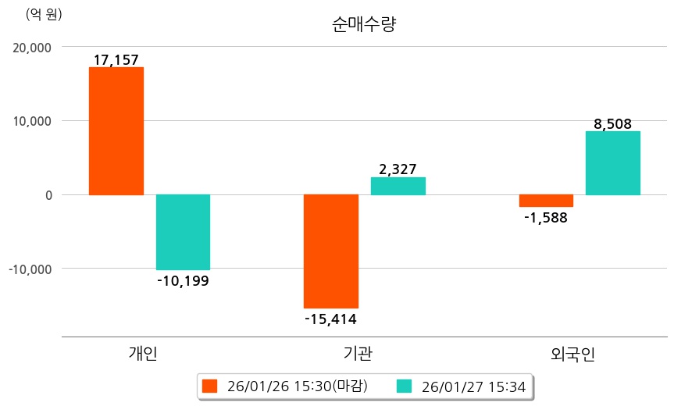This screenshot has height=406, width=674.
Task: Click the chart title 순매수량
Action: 365,24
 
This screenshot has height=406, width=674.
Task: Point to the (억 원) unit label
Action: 44,14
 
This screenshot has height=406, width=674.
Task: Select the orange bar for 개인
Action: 116,130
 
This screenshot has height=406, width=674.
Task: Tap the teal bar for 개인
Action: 183,232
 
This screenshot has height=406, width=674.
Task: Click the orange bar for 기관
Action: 330,251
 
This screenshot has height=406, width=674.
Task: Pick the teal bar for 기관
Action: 398,186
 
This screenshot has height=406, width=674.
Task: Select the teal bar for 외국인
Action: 612,162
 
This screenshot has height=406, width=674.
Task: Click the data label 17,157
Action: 116,59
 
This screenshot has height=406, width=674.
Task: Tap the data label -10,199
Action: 183,280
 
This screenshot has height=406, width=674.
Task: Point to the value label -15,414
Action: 330,318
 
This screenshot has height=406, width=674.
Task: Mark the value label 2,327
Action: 398,169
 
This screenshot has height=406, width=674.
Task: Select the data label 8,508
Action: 612,123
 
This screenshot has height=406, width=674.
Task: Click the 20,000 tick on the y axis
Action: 33,47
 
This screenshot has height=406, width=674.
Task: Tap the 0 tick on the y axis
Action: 48,195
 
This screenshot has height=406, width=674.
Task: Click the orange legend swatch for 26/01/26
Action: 209,386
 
